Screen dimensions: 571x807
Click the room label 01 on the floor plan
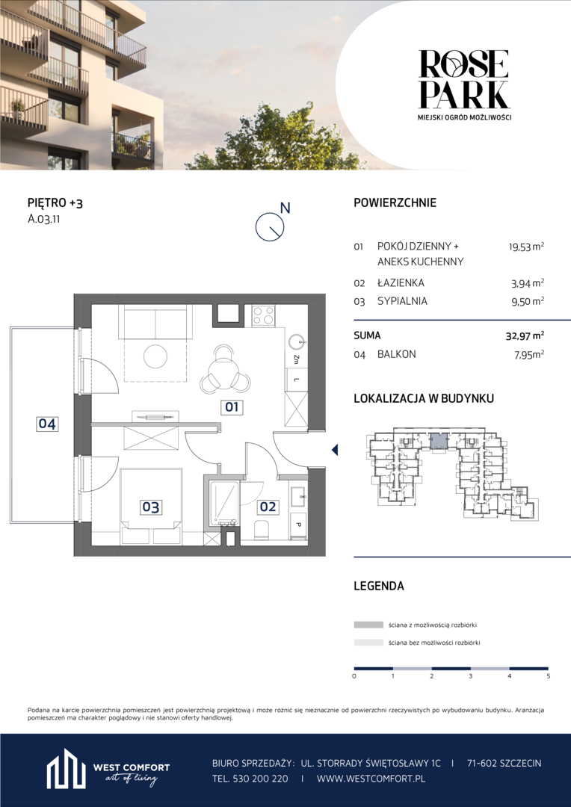(x=231, y=408)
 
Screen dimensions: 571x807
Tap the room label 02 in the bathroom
(x=268, y=507)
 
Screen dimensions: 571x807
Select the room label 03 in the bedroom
(x=150, y=507)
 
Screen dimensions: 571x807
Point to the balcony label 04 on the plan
(x=47, y=424)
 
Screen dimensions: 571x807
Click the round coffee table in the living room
(x=156, y=356)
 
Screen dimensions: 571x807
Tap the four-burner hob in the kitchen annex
(x=262, y=315)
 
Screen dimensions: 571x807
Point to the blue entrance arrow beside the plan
(x=335, y=451)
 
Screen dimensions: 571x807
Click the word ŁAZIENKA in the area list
(x=401, y=282)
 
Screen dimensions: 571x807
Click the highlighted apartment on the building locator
(x=439, y=442)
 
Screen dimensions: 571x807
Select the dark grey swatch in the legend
(x=368, y=625)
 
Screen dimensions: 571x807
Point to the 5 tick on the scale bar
(x=548, y=675)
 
